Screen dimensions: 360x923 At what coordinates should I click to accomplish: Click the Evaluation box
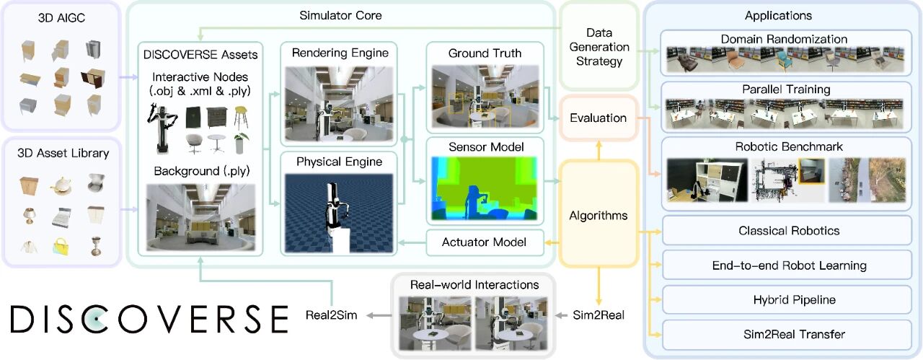pos(597,118)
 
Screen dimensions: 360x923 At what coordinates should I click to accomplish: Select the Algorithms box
pos(597,215)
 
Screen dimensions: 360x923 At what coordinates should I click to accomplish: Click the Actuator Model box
pos(483,242)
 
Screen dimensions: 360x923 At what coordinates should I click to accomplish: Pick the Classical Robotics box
pos(789,231)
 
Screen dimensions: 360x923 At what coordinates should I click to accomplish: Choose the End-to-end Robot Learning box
pos(789,265)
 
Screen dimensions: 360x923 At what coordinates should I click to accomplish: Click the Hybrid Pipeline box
pos(789,299)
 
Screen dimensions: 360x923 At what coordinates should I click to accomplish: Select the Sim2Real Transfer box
pos(789,334)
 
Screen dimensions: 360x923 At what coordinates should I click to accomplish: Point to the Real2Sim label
pos(332,315)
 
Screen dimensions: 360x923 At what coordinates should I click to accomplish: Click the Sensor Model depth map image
pos(483,188)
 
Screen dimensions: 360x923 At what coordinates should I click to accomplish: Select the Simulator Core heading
pos(340,15)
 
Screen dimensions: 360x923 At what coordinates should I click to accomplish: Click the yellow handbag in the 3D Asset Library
pos(60,247)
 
